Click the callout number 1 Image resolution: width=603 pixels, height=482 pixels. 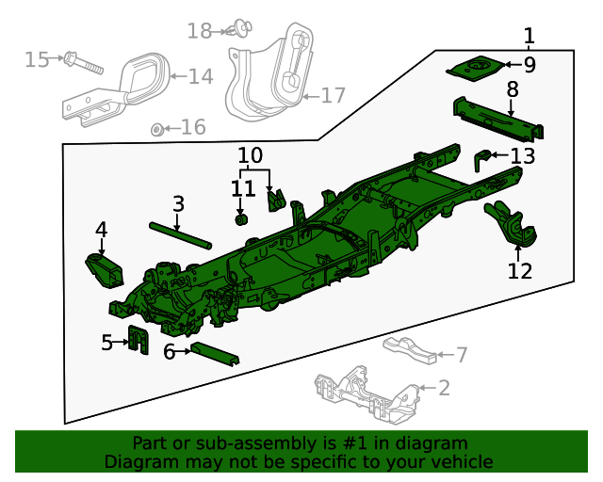[529, 37]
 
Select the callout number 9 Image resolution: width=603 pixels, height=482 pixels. [530, 65]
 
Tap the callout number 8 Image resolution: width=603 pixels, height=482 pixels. [513, 89]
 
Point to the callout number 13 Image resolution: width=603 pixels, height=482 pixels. [523, 155]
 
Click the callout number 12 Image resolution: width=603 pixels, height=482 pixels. [520, 271]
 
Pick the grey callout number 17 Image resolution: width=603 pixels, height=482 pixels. [334, 95]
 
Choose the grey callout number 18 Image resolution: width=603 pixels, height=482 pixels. [200, 31]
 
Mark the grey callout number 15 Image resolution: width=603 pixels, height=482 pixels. [37, 60]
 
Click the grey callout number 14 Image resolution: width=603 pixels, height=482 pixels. [201, 76]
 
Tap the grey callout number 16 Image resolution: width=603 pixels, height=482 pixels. [193, 127]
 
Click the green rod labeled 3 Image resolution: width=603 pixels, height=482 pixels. [178, 233]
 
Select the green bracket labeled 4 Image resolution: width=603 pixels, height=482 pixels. [104, 268]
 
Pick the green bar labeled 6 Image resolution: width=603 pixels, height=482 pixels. [215, 354]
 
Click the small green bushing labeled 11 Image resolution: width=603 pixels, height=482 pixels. [240, 220]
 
